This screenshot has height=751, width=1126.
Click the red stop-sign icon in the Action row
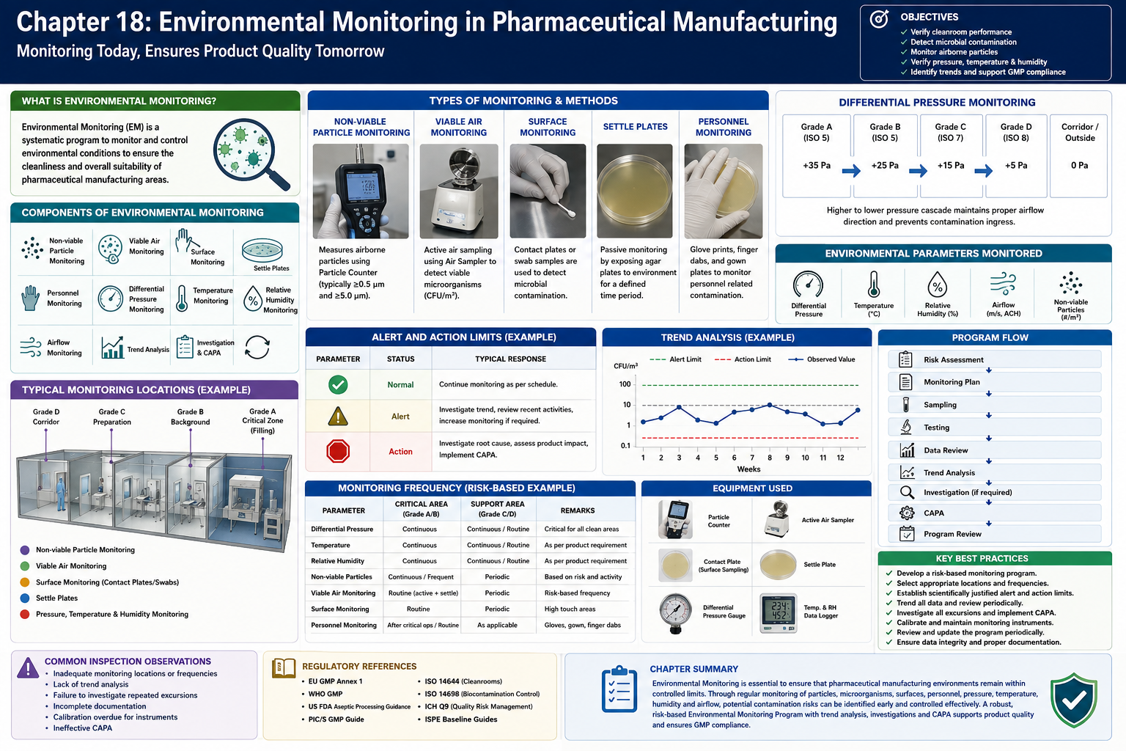click(x=338, y=451)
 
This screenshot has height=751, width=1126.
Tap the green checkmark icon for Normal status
click(x=338, y=384)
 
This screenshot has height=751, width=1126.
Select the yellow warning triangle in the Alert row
click(x=338, y=416)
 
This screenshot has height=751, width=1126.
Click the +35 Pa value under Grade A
click(x=817, y=165)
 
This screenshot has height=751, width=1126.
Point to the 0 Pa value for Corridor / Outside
click(x=1079, y=165)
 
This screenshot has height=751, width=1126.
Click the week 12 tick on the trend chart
click(x=840, y=457)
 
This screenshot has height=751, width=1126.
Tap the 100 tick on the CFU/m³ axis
click(x=625, y=384)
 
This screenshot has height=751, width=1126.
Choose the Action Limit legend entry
click(x=743, y=359)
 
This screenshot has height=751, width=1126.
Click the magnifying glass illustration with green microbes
click(x=251, y=154)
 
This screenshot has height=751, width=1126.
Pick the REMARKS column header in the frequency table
click(x=577, y=510)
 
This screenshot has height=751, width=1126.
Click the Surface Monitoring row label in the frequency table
click(x=340, y=609)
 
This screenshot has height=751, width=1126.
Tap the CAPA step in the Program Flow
click(x=933, y=513)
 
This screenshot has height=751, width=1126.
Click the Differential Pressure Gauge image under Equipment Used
click(x=676, y=613)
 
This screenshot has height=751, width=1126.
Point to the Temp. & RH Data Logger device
click(x=778, y=612)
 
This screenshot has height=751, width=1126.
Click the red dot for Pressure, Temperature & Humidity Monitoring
click(x=25, y=614)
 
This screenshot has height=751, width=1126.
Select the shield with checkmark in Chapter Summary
click(x=1074, y=700)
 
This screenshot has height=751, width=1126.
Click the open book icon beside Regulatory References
click(x=284, y=668)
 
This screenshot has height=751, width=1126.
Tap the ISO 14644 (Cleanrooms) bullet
click(x=463, y=681)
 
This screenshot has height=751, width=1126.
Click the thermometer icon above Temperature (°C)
click(x=874, y=285)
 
